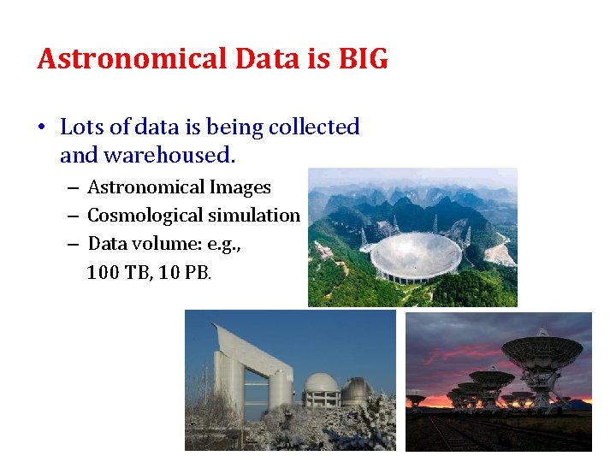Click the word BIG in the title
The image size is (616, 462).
(364, 59)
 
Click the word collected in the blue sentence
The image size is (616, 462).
(314, 127)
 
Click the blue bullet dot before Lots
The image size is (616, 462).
(42, 128)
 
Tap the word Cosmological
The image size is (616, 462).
(140, 216)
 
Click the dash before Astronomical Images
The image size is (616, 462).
(73, 188)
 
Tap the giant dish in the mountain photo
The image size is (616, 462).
(417, 257)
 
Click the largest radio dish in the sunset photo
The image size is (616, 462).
(541, 351)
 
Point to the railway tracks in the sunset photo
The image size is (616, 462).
(453, 432)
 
